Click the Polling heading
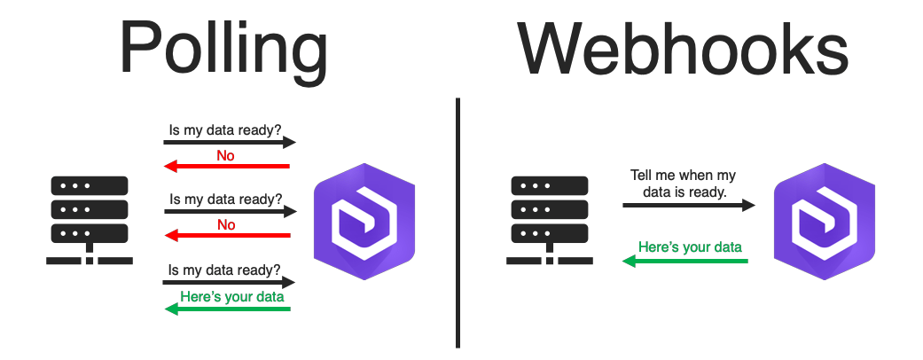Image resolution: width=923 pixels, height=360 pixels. (x=223, y=49)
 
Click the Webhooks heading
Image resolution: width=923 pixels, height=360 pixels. (x=683, y=49)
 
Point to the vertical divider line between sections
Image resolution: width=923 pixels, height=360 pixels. (x=458, y=222)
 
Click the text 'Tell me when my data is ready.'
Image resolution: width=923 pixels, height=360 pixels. (x=683, y=184)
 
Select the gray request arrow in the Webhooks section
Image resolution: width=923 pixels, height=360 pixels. (x=688, y=205)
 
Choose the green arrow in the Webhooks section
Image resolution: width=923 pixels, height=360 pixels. (x=685, y=261)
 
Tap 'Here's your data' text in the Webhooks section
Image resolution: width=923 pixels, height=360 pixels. (x=690, y=247)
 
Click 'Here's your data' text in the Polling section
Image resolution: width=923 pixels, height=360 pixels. (x=231, y=296)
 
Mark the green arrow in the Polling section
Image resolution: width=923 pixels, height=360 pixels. (x=228, y=309)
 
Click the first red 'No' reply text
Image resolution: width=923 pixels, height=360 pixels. (x=226, y=155)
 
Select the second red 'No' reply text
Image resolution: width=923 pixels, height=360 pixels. (x=226, y=224)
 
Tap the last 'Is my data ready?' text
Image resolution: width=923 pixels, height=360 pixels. (x=225, y=270)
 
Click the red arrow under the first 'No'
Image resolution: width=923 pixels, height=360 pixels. (x=228, y=166)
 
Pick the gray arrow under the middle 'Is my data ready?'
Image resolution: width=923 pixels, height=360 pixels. (x=229, y=212)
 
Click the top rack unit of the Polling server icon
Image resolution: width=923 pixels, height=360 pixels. (x=90, y=186)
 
